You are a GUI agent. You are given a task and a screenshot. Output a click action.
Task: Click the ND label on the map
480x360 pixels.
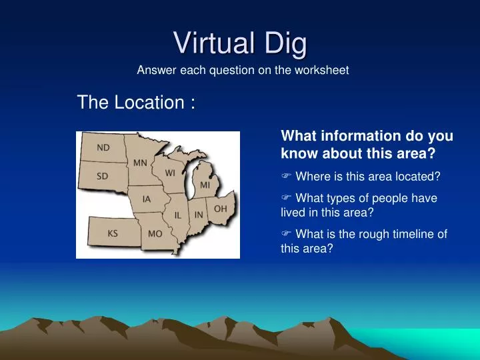point(103,147)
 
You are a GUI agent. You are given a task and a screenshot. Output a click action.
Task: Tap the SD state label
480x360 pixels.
point(103,176)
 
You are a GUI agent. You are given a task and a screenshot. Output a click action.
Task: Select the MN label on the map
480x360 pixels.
point(140,162)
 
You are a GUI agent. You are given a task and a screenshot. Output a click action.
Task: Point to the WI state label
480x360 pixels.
point(171,173)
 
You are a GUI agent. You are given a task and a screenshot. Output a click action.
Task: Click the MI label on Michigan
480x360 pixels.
point(205,184)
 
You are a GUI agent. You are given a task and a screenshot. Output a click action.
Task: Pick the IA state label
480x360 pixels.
point(147,198)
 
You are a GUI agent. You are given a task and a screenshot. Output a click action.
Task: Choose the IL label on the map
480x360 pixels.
point(178,215)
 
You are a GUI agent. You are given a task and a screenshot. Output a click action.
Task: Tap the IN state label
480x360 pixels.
point(199,214)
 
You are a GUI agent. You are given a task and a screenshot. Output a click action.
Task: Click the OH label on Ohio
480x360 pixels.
point(220,209)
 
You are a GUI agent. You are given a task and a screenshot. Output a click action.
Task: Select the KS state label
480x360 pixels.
point(113,234)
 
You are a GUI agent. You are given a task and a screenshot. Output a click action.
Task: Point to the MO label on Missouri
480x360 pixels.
point(155,234)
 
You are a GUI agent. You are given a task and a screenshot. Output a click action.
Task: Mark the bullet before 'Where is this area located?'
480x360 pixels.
point(286,177)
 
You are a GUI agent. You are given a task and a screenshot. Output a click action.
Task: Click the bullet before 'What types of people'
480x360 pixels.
point(286,198)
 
